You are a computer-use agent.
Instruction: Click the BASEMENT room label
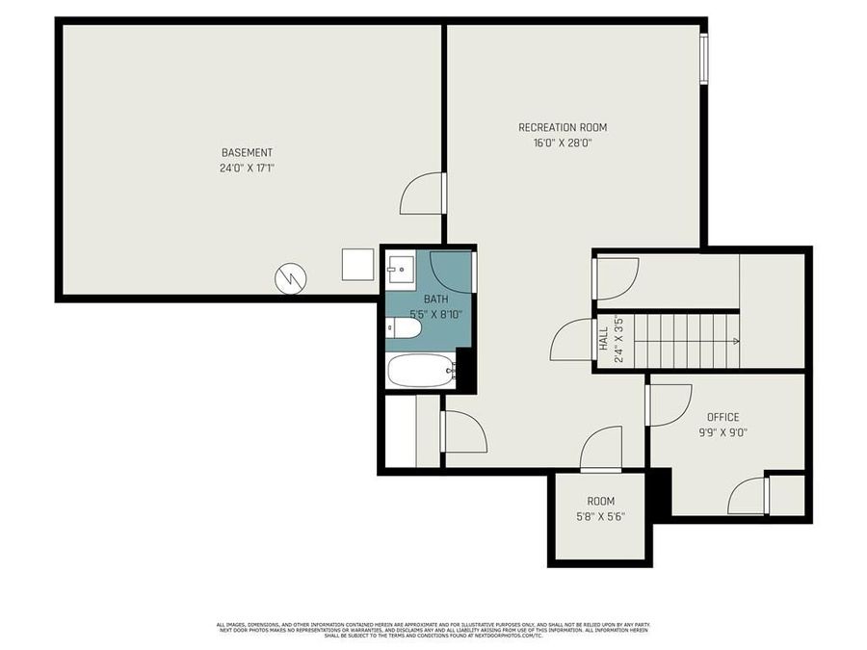coord(247,152)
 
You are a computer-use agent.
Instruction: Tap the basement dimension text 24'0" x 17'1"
coord(247,168)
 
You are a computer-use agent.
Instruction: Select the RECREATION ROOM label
coord(563,127)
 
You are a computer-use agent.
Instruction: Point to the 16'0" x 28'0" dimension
coord(563,143)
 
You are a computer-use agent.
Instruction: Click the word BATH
coord(422,299)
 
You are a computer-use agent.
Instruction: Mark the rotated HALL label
coord(603,339)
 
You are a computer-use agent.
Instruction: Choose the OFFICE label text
coord(722,417)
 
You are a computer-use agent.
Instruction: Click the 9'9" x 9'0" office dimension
coord(722,432)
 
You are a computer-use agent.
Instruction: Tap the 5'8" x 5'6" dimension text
coord(600,516)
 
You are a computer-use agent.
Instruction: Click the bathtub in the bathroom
coord(420,370)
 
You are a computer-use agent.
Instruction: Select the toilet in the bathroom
coord(405,329)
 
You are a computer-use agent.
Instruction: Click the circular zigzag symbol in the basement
coord(291,279)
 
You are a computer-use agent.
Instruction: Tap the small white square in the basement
coord(356,264)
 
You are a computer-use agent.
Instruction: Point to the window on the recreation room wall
coord(704,59)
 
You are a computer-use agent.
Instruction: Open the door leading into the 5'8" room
coord(602,450)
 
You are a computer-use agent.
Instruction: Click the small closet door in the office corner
coord(749,495)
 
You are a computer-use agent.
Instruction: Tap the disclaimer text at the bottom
coord(433,631)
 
